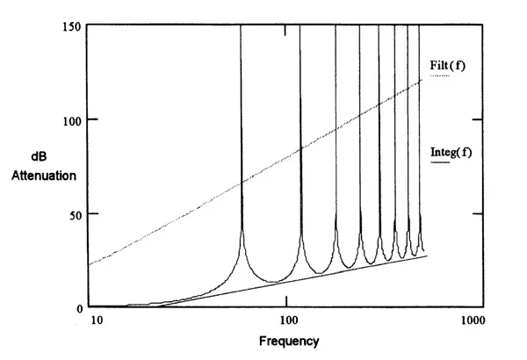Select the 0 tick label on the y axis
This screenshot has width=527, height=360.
coord(77,307)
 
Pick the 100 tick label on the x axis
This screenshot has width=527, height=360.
coord(286,321)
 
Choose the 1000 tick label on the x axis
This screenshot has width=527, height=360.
coord(475,321)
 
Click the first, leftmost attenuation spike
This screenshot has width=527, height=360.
coord(242,132)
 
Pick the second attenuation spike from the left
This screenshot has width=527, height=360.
coord(300,132)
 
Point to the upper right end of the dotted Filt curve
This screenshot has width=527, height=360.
coord(424,79)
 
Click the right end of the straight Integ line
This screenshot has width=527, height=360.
coord(427,256)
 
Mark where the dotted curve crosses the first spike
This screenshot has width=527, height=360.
coord(242,182)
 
